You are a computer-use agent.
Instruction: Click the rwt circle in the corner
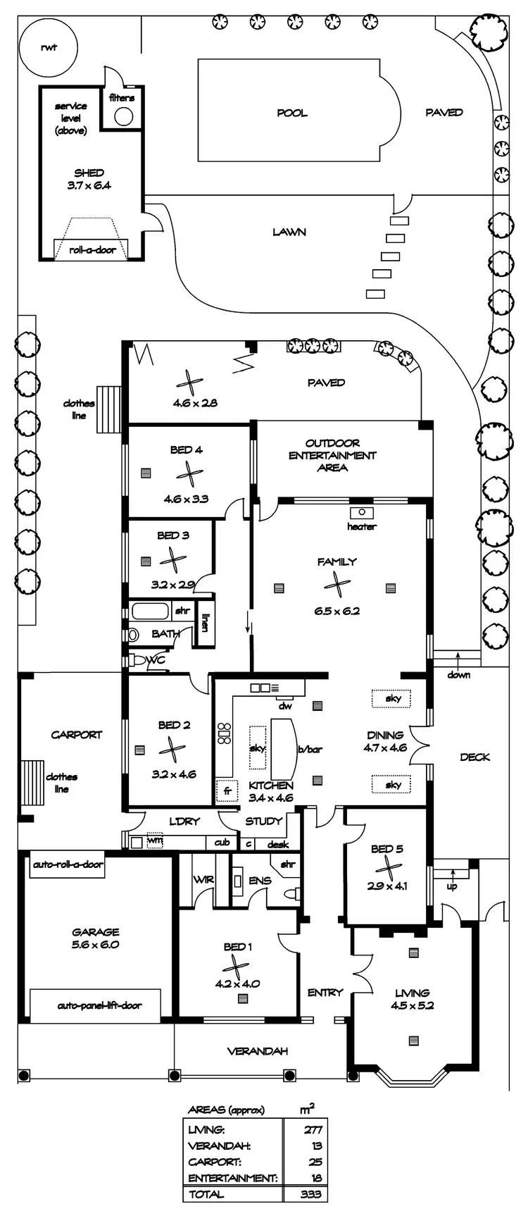point(48,48)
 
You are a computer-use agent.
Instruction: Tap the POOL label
point(292,113)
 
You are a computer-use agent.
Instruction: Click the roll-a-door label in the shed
point(92,249)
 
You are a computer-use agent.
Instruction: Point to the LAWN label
point(289,231)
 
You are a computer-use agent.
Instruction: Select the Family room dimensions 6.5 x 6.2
point(337,611)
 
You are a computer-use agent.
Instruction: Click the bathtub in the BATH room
point(149,610)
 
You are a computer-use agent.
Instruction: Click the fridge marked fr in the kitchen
point(227,790)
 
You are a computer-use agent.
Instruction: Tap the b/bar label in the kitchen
point(310,749)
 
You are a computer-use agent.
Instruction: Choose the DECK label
point(474,757)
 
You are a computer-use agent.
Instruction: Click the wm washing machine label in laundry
point(155,840)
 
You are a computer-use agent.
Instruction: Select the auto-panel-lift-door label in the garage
point(99,1005)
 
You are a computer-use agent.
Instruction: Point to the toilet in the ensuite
point(289,893)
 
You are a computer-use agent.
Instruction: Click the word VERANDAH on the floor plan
point(258,1051)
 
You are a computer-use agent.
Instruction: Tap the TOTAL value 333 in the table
point(310,1193)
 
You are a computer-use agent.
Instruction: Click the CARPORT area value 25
point(315,1162)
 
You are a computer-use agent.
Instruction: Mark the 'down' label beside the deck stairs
point(458,675)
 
